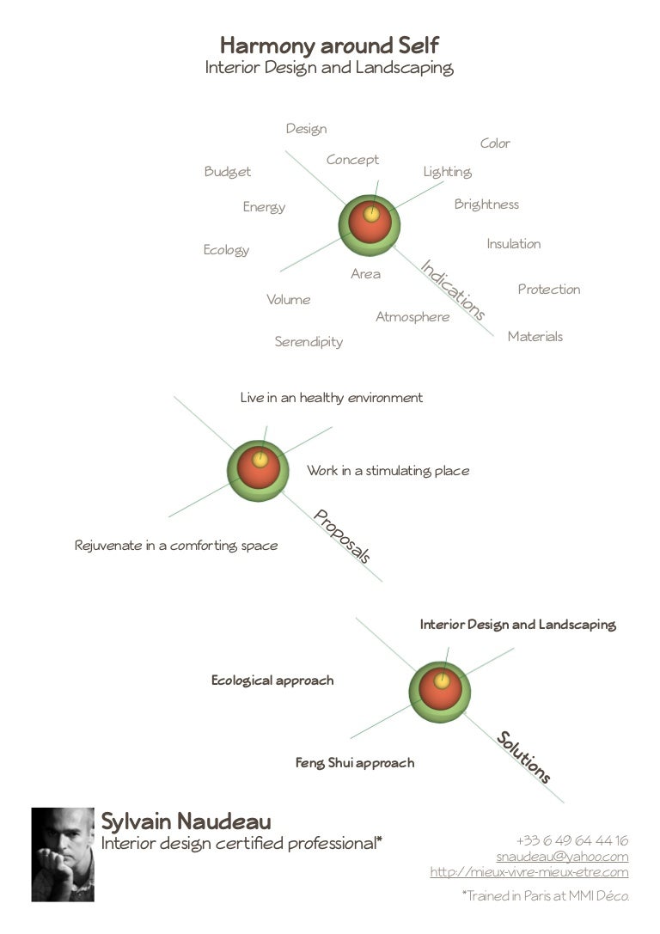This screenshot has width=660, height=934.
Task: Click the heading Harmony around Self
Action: [329, 46]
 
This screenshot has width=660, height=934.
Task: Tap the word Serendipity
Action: [309, 342]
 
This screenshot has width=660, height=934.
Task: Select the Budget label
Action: [228, 172]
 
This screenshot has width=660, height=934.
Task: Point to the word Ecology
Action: [226, 249]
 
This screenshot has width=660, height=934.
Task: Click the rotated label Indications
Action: [453, 290]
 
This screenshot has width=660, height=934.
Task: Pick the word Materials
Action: [535, 337]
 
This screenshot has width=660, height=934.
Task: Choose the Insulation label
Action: [513, 244]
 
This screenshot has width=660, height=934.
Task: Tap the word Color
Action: [495, 143]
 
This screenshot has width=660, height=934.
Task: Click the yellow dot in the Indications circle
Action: [371, 214]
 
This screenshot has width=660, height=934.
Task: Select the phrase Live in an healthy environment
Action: [331, 397]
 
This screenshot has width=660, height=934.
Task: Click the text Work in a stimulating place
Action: [388, 471]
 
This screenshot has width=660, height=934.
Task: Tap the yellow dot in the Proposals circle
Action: [260, 460]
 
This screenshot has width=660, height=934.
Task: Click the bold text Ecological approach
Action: [272, 681]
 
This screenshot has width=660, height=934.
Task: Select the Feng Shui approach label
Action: [355, 763]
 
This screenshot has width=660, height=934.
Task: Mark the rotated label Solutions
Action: [523, 756]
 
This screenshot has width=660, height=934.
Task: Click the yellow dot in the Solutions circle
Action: [442, 681]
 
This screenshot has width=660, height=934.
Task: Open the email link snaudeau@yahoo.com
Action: [562, 856]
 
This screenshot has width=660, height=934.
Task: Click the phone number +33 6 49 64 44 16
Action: [571, 840]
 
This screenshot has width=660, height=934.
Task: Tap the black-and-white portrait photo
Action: [63, 854]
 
